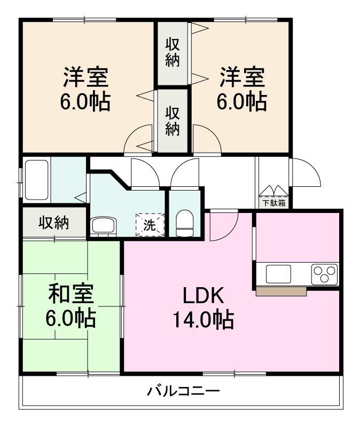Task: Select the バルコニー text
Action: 183,392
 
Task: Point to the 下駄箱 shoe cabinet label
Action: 274,203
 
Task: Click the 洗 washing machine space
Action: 150,225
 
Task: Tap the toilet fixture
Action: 185,223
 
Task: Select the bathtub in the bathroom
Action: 36,180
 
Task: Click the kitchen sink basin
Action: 278,274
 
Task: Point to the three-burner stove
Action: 324,274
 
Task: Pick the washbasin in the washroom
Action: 104,226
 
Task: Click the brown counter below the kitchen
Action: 281,291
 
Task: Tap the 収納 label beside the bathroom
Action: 54,223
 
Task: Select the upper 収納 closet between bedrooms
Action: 173,53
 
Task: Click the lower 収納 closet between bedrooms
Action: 173,121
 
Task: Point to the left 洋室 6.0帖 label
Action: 85,89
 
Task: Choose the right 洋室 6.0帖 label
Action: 242,89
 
